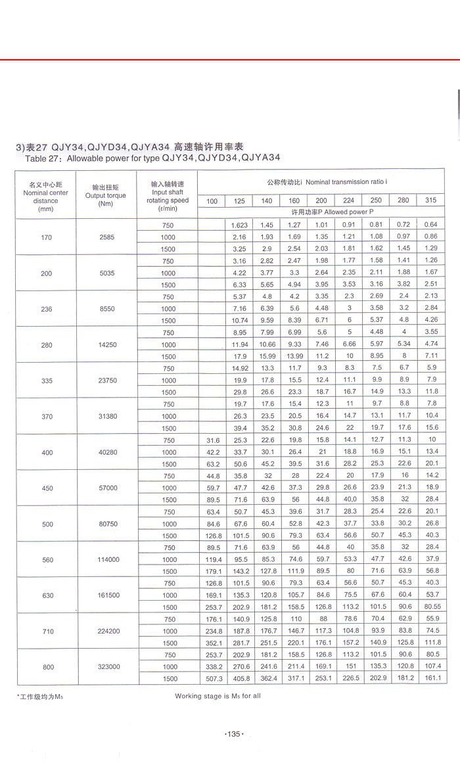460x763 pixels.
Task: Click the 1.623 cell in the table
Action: click(239, 225)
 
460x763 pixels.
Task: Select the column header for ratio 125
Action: click(239, 200)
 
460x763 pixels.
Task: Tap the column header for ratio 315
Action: click(430, 200)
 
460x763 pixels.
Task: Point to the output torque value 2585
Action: click(107, 237)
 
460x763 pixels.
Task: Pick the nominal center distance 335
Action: click(45, 380)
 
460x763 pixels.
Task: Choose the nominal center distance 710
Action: click(45, 631)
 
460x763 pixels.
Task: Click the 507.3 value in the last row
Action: click(212, 678)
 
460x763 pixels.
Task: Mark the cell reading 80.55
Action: click(430, 607)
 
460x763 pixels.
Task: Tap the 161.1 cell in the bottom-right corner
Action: click(430, 678)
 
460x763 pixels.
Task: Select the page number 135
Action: click(234, 733)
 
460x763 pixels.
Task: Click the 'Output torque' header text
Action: click(106, 195)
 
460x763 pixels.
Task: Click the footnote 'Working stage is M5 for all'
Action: click(218, 695)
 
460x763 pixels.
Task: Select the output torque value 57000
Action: click(107, 488)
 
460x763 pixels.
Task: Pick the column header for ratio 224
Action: click(349, 200)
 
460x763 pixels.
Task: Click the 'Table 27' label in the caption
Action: click(43, 158)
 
